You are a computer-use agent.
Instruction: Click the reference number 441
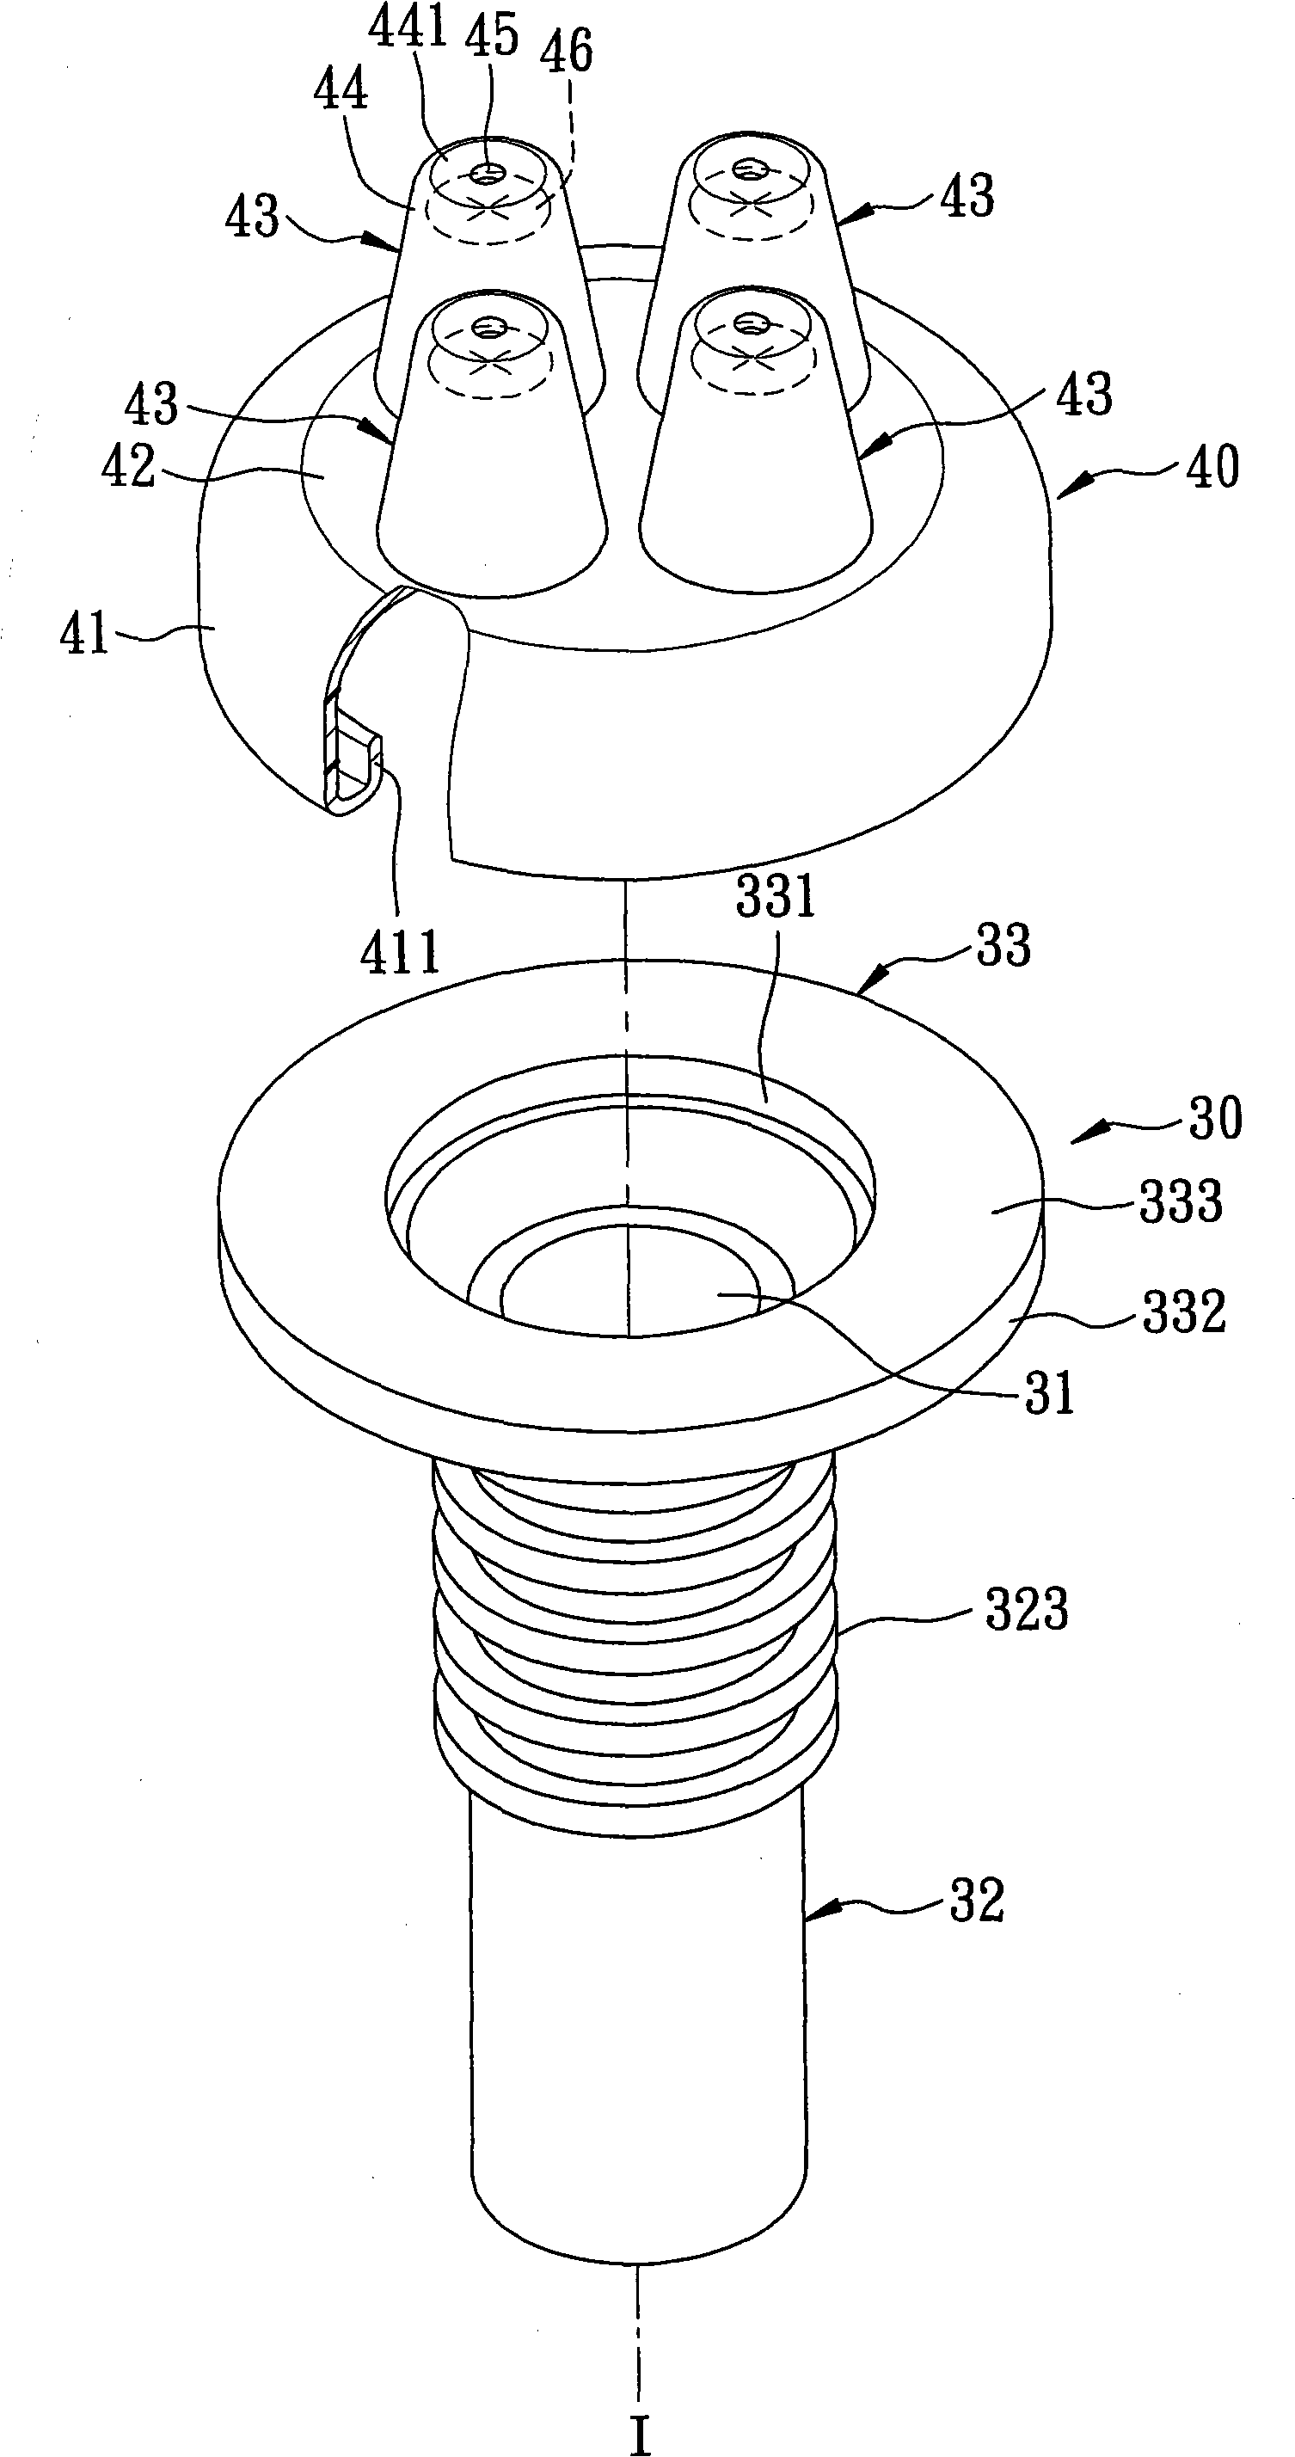(x=409, y=29)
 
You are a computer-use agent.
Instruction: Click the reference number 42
(x=129, y=467)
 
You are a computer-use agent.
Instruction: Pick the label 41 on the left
(x=85, y=632)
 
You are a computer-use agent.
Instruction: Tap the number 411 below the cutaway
(x=401, y=950)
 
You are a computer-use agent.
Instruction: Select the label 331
(x=776, y=897)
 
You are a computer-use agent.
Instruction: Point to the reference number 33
(x=1003, y=946)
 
